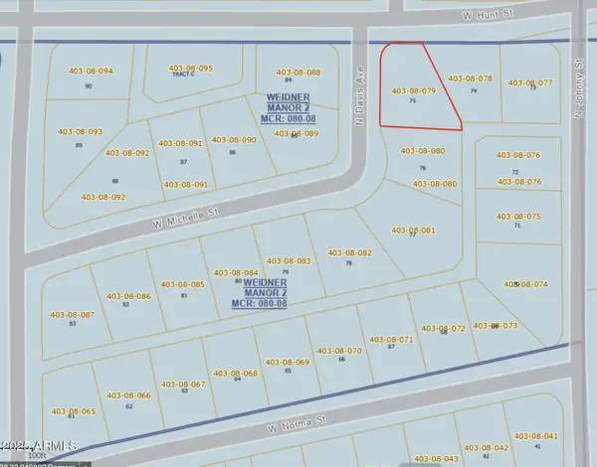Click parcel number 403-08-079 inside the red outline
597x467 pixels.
(414, 90)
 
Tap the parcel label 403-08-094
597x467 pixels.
(91, 72)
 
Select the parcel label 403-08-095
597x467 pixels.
(190, 69)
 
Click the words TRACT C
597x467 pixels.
(181, 76)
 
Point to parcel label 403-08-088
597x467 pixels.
(298, 73)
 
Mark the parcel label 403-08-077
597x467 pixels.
(530, 82)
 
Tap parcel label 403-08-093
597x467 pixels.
(80, 132)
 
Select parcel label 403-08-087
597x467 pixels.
(72, 315)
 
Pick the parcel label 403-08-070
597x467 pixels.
(339, 350)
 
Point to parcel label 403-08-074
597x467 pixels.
(525, 284)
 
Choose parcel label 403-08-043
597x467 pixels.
(436, 458)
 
